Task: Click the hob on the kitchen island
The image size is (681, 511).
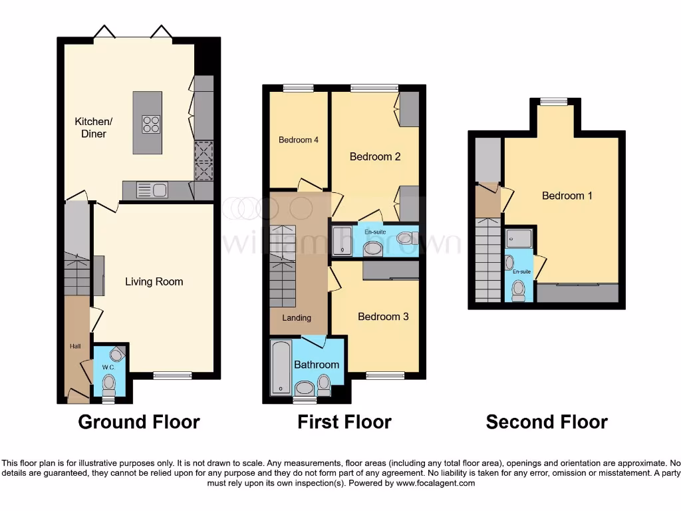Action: coord(151,124)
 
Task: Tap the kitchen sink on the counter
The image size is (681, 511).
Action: coord(152,190)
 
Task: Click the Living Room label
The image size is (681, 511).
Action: coord(154,281)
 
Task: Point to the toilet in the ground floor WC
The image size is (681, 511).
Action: coord(109,385)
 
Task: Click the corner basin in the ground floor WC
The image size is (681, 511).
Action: coord(116,354)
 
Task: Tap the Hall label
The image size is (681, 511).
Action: coord(75,347)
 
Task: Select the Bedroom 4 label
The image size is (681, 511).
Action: coord(299,140)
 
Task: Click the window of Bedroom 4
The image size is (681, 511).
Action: coord(298,88)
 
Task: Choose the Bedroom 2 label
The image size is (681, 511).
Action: coord(375,157)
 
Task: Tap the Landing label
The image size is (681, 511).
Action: coord(297,318)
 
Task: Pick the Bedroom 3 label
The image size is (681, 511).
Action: coord(383,317)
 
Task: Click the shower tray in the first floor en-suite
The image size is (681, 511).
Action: coord(342,240)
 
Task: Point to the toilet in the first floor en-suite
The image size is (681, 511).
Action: coord(406,238)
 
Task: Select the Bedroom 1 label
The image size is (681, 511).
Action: coord(567,196)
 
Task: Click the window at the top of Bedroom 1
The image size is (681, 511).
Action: coord(554,102)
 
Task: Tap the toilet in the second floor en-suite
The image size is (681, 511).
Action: coord(519,289)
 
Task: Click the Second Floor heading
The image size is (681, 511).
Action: coord(547,422)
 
